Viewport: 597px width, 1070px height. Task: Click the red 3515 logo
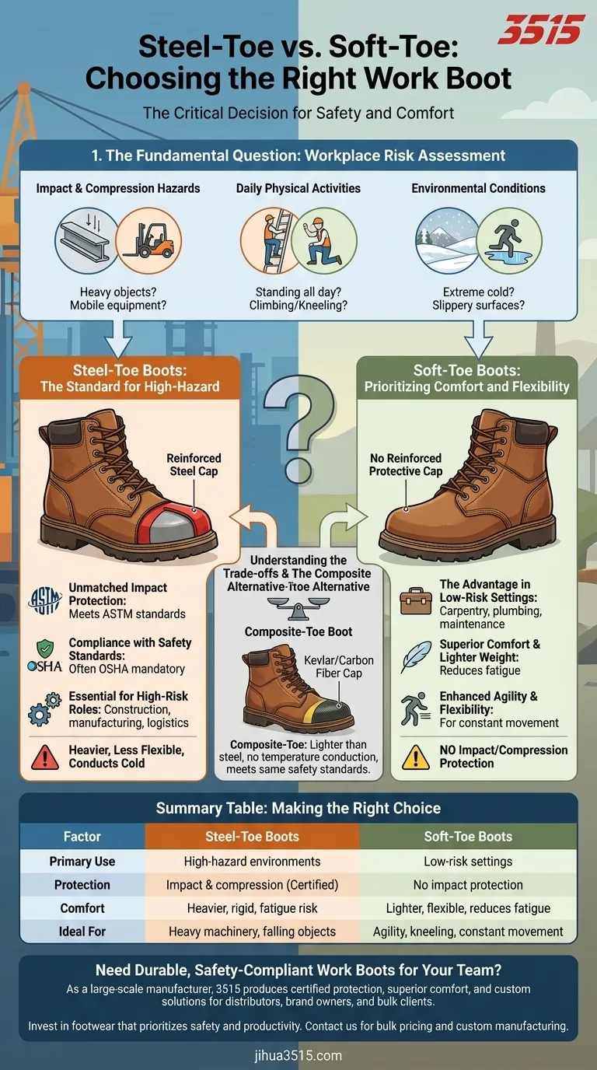click(x=541, y=30)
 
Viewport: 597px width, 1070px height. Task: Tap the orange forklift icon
click(x=148, y=240)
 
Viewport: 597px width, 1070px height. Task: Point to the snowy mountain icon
click(x=445, y=240)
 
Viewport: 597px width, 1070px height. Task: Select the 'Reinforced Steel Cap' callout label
click(x=194, y=465)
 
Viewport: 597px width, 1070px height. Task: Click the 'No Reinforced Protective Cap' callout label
click(x=405, y=465)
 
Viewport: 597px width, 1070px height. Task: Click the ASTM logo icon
click(x=44, y=600)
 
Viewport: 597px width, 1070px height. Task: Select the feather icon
click(x=416, y=657)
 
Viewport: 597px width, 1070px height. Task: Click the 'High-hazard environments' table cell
click(x=252, y=862)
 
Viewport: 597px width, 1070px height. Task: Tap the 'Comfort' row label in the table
click(x=82, y=907)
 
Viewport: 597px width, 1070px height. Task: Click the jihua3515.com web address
click(x=298, y=1055)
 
